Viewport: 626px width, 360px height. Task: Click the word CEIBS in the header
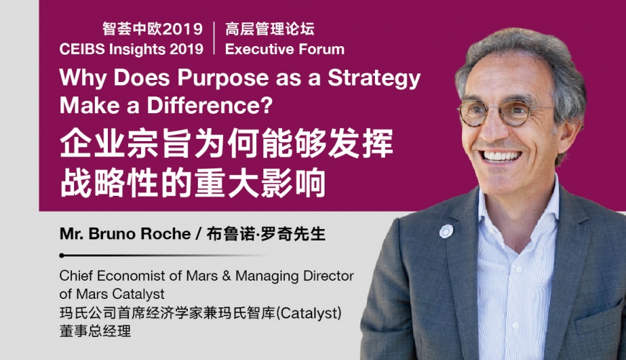[82, 49]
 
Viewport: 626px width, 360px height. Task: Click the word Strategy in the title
[374, 78]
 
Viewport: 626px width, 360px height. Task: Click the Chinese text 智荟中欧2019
[153, 30]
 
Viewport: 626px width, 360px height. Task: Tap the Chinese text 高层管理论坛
[270, 30]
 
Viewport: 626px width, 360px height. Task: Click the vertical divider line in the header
[214, 38]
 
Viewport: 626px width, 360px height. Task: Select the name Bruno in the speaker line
[112, 234]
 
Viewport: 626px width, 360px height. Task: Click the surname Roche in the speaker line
[165, 234]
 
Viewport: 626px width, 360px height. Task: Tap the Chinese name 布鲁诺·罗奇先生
[266, 234]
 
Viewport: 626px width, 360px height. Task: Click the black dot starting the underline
[61, 256]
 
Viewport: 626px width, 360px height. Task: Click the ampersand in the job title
[227, 276]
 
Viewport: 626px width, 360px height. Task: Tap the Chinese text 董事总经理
[95, 331]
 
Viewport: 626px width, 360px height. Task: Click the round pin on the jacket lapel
[446, 231]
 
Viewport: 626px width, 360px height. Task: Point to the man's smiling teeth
[502, 156]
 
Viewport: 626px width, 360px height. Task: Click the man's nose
[493, 130]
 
